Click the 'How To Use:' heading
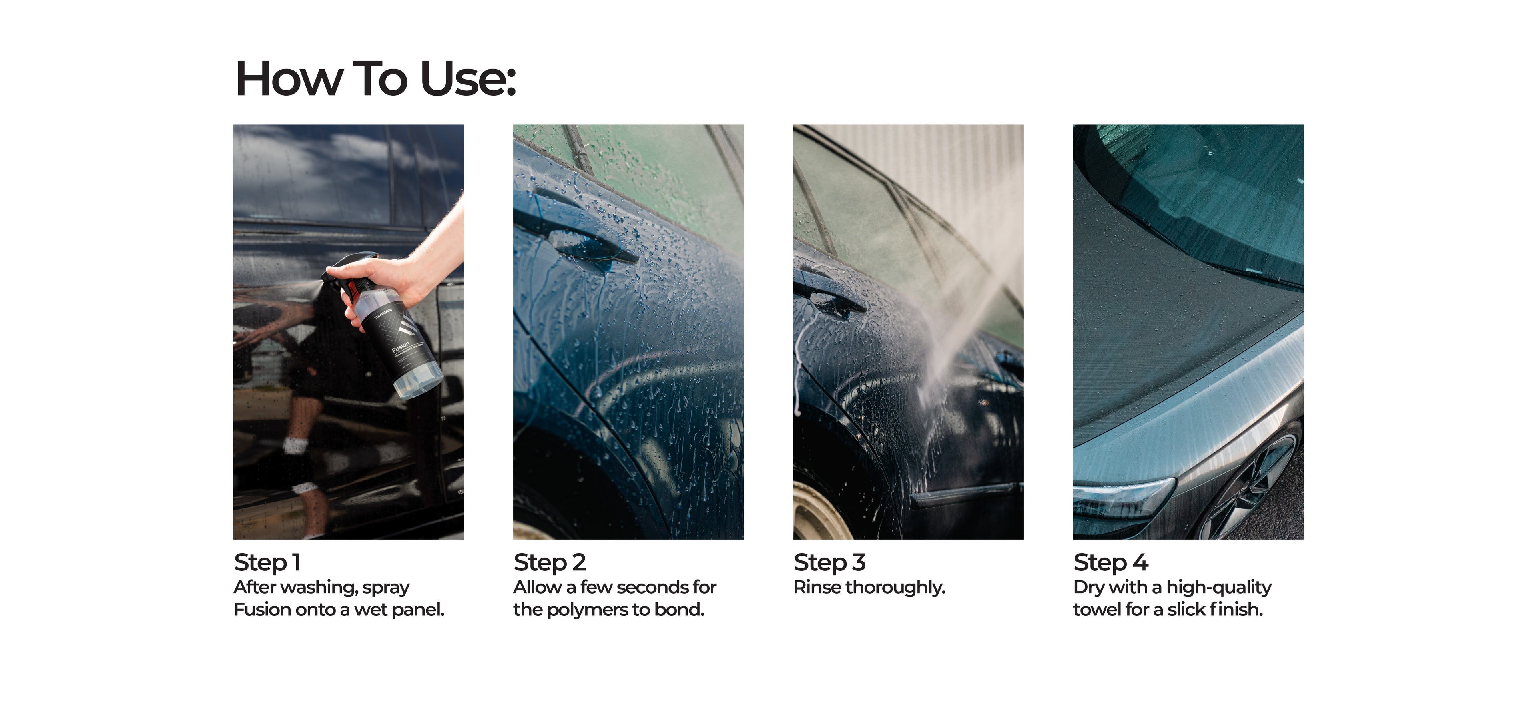(x=375, y=79)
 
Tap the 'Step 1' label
(x=267, y=562)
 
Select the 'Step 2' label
(x=550, y=562)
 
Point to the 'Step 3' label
(x=829, y=562)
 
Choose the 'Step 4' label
(x=1110, y=562)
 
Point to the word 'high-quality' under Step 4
(x=1218, y=588)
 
